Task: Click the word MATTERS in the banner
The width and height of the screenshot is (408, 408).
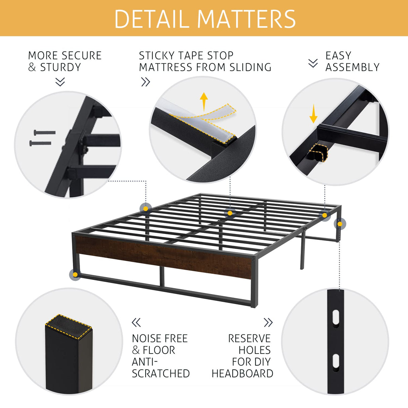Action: tap(247, 19)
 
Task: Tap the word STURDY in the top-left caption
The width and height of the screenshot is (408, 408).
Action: tap(60, 67)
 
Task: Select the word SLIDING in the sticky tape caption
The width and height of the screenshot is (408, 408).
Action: tap(250, 67)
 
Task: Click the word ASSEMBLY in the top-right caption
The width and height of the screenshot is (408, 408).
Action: tap(352, 67)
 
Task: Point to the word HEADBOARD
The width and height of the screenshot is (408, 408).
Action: tap(242, 373)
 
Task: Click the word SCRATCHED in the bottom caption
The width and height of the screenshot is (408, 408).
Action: tap(161, 373)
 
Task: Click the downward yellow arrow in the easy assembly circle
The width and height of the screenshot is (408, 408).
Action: tap(313, 114)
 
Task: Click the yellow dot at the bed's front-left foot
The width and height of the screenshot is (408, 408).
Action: tap(75, 275)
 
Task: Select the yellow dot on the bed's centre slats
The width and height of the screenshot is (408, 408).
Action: tap(230, 213)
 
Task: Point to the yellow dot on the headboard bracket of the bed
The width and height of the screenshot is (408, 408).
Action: tap(340, 224)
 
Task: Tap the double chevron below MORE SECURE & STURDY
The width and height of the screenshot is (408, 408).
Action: tap(60, 82)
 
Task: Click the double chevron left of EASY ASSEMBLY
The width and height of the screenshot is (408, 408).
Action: tap(313, 63)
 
